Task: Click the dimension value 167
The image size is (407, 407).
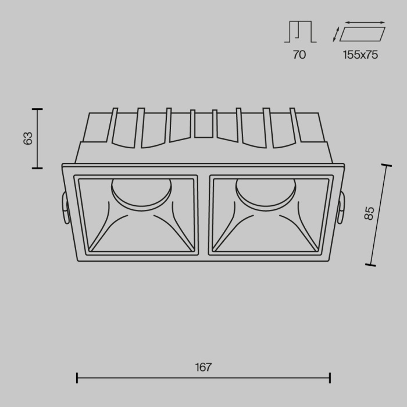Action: (203, 367)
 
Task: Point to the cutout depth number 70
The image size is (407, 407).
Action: (299, 55)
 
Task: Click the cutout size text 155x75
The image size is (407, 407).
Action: (360, 55)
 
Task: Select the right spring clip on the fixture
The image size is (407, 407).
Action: (341, 206)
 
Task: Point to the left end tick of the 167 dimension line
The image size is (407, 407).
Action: (77, 378)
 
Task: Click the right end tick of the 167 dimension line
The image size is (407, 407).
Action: (330, 378)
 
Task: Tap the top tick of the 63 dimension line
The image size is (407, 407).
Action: (37, 109)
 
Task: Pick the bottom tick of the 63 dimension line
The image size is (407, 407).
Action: (37, 168)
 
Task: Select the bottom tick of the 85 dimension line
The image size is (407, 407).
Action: (370, 265)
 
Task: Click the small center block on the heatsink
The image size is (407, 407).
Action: (202, 124)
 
